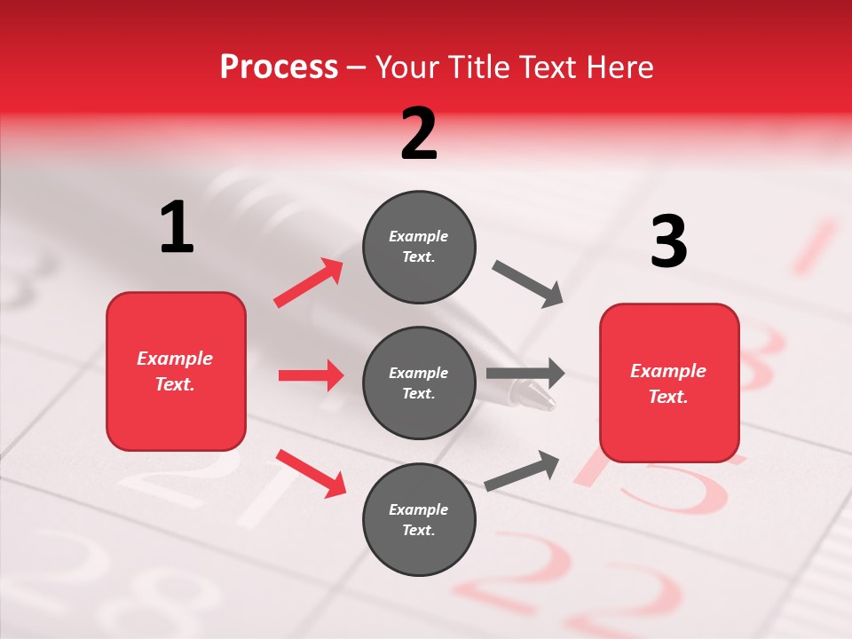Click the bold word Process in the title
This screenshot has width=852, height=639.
[x=279, y=67]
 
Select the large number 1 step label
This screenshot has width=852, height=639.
[x=177, y=227]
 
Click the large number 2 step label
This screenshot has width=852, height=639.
[x=419, y=134]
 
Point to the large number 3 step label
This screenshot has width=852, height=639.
[x=668, y=242]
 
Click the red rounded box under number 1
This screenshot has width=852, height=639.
[x=176, y=371]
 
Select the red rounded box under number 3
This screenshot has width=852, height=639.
[x=669, y=383]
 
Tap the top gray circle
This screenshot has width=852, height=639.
[x=419, y=247]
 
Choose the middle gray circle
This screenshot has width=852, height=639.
[x=419, y=383]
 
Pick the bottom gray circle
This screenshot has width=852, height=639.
[x=419, y=519]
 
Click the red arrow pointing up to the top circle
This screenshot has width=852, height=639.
[x=309, y=282]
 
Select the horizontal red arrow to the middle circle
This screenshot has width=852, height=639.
[x=311, y=375]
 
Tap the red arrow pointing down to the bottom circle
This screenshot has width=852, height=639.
[x=311, y=473]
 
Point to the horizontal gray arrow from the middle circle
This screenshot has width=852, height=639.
[x=525, y=374]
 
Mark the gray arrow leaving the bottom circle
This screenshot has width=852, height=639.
[x=522, y=470]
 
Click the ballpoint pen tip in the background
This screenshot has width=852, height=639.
[x=541, y=397]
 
